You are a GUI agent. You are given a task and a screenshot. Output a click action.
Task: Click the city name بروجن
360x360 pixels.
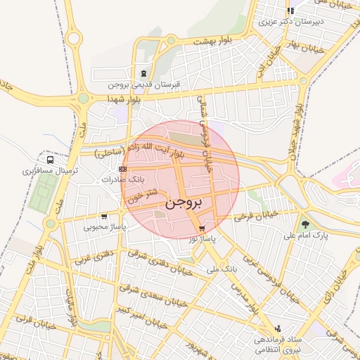(x=185, y=203)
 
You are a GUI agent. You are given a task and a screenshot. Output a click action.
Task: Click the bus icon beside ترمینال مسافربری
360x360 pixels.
(x=51, y=160)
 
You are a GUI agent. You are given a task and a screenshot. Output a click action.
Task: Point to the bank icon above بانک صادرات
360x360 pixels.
(x=123, y=169)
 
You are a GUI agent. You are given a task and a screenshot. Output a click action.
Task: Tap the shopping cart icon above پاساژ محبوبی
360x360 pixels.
(x=104, y=216)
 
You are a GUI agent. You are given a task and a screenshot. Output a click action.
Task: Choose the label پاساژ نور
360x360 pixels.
(x=203, y=239)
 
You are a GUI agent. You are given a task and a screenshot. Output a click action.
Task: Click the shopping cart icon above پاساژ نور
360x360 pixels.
(x=202, y=229)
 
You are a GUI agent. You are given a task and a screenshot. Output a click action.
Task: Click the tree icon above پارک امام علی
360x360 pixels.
(x=304, y=224)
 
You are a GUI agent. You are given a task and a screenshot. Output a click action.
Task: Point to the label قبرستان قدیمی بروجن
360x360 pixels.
(x=144, y=84)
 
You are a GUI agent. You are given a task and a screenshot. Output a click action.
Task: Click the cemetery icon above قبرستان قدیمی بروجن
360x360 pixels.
(x=144, y=73)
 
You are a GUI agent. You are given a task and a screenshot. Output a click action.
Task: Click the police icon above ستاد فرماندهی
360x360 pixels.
(x=278, y=328)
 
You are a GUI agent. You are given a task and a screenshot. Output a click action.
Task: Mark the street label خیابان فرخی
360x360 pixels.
(x=257, y=214)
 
